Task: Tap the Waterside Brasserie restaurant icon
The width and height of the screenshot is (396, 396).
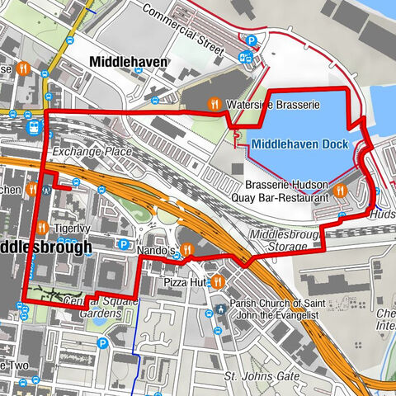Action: click(x=213, y=104)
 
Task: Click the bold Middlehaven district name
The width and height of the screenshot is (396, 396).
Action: click(x=129, y=62)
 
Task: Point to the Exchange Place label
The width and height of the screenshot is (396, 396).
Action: click(x=91, y=153)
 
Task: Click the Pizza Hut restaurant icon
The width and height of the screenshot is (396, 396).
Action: click(x=216, y=282)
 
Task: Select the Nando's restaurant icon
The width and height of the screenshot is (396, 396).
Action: click(x=187, y=249)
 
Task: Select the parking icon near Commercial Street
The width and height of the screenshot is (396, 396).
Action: click(x=253, y=40)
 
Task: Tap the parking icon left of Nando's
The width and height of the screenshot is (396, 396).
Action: click(x=123, y=244)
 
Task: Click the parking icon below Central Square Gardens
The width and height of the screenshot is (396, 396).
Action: click(x=102, y=343)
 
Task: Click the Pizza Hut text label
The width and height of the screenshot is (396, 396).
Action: click(x=183, y=282)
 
